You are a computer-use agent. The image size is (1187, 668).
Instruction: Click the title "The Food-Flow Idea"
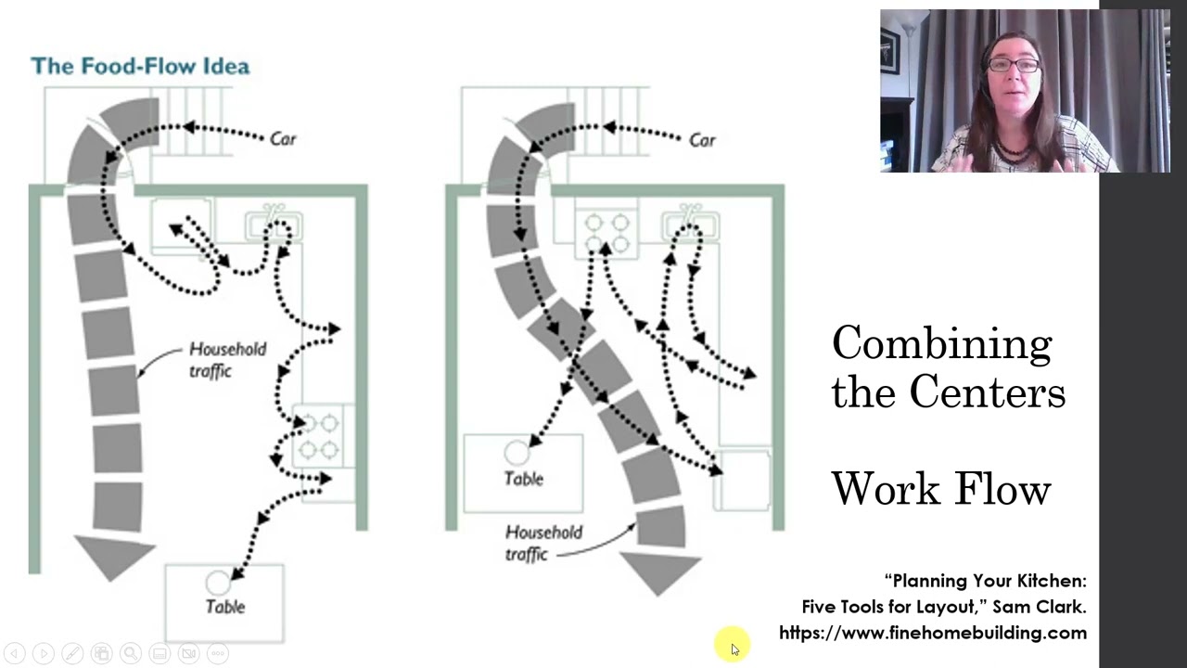click(x=140, y=66)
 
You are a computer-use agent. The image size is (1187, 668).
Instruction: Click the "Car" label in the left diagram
click(x=283, y=139)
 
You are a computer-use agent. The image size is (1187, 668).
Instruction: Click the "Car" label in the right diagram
click(x=703, y=140)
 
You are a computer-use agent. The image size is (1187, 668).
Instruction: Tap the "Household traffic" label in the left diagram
click(x=228, y=360)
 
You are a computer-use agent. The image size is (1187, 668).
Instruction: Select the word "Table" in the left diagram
click(x=225, y=607)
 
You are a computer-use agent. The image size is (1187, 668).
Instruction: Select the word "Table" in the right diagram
click(x=524, y=479)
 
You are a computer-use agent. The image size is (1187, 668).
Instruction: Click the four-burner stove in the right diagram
click(x=606, y=233)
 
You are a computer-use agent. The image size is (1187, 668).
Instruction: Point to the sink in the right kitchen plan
click(x=691, y=225)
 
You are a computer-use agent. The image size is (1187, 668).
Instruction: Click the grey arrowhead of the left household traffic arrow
click(x=113, y=558)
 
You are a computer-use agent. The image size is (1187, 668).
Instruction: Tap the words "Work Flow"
click(x=941, y=489)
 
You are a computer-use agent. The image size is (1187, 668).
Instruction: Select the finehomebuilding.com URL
click(x=933, y=633)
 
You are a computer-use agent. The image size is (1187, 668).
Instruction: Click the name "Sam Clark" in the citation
click(x=1040, y=606)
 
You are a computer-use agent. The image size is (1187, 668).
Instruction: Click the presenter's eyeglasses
click(x=1014, y=65)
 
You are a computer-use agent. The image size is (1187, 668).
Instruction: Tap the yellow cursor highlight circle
click(x=732, y=645)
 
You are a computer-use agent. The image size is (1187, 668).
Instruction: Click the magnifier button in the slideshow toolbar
click(x=131, y=653)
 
